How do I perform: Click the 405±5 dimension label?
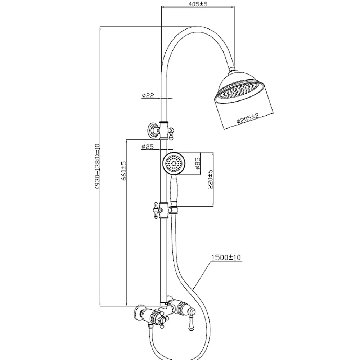pyautogui.click(x=198, y=4)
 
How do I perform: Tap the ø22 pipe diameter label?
pyautogui.click(x=148, y=95)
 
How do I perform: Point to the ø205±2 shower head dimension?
pyautogui.click(x=248, y=119)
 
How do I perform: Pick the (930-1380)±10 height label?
pyautogui.click(x=98, y=166)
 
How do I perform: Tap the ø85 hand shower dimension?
pyautogui.click(x=198, y=164)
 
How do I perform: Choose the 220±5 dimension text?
pyautogui.click(x=210, y=179)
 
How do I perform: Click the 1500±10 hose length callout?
pyautogui.click(x=226, y=257)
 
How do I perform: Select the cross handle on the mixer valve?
pyautogui.click(x=163, y=320)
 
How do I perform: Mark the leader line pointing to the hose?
pyautogui.click(x=202, y=275)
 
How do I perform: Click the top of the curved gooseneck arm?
pyautogui.click(x=197, y=28)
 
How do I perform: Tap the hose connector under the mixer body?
pyautogui.click(x=150, y=326)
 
